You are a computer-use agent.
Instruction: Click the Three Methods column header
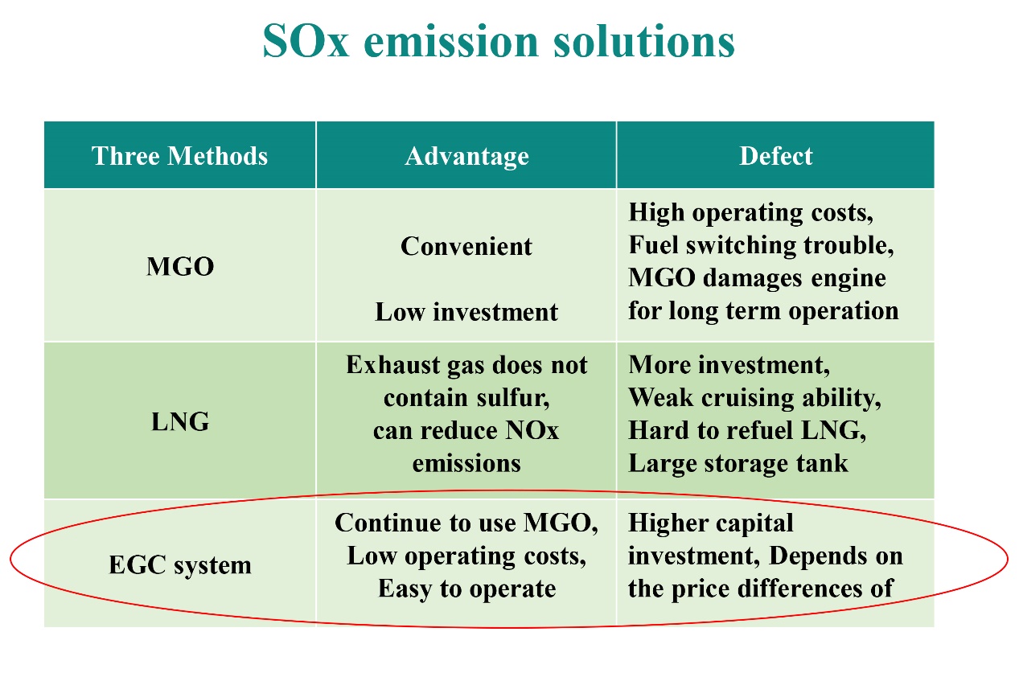pyautogui.click(x=179, y=155)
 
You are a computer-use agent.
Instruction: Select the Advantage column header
pyautogui.click(x=466, y=155)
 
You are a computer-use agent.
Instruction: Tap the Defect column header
pyautogui.click(x=775, y=155)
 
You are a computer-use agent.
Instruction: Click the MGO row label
pyautogui.click(x=180, y=266)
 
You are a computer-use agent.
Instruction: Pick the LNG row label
pyautogui.click(x=180, y=421)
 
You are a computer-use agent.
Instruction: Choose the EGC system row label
pyautogui.click(x=180, y=564)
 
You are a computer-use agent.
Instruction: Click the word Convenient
pyautogui.click(x=466, y=246)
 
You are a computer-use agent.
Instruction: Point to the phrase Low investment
pyautogui.click(x=466, y=312)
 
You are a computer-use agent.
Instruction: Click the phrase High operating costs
pyautogui.click(x=750, y=212)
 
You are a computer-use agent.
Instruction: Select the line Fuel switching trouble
pyautogui.click(x=760, y=244)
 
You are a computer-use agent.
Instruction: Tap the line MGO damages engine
pyautogui.click(x=757, y=277)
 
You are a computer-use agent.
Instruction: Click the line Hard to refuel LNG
pyautogui.click(x=746, y=430)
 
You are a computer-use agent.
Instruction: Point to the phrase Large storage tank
pyautogui.click(x=738, y=463)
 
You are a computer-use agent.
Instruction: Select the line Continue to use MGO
pyautogui.click(x=466, y=523)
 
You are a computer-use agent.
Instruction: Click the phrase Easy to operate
pyautogui.click(x=466, y=589)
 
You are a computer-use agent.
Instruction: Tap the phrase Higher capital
pyautogui.click(x=710, y=523)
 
